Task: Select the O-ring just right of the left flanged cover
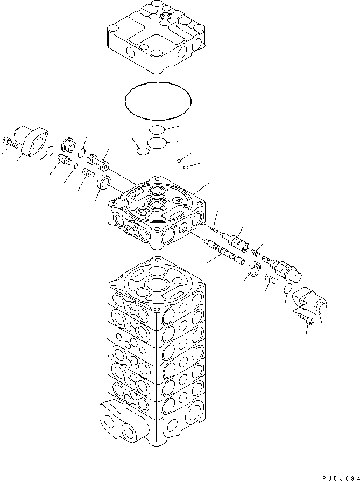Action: click(x=49, y=151)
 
